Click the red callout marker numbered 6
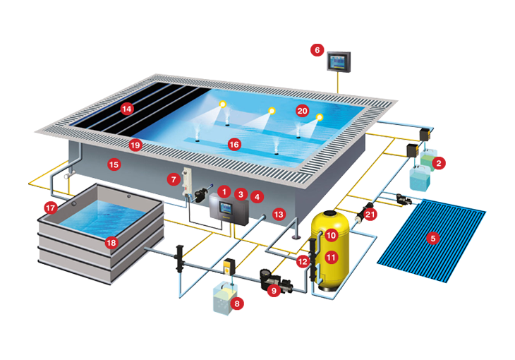(x=317, y=50)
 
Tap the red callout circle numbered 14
(x=127, y=109)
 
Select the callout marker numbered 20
(x=302, y=111)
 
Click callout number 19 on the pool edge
(x=135, y=145)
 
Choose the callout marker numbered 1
(x=224, y=191)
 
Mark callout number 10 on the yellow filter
(x=331, y=235)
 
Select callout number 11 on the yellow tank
(x=331, y=258)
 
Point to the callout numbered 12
(x=302, y=261)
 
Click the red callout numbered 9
(x=274, y=289)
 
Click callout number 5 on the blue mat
(x=434, y=238)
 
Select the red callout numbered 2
(x=438, y=163)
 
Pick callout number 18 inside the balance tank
(x=111, y=242)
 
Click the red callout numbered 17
(x=50, y=208)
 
